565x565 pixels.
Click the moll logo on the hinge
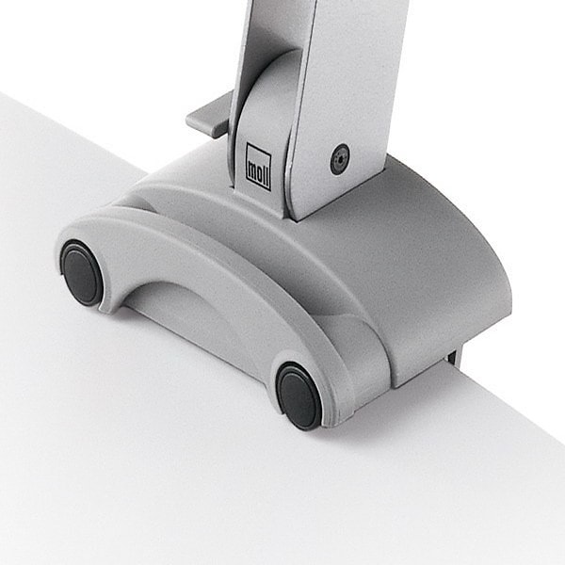click(258, 167)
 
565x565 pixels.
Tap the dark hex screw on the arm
click(340, 159)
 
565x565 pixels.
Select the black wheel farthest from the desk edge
click(81, 272)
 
